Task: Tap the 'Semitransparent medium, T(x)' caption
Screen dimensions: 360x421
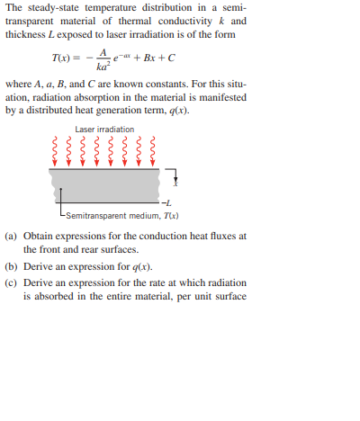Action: (x=112, y=217)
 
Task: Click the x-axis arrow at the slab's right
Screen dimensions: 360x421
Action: (x=172, y=177)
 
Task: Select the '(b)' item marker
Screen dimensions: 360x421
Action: (x=12, y=266)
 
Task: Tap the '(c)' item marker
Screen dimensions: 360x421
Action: (x=12, y=282)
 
